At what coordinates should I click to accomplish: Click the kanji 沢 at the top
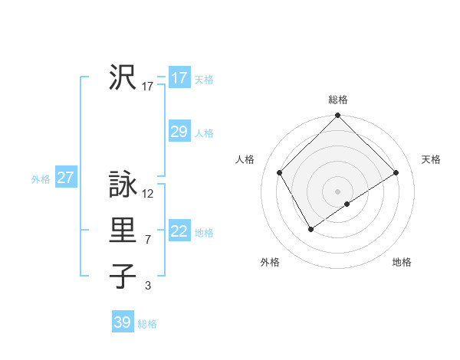123,77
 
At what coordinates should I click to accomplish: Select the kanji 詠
123,185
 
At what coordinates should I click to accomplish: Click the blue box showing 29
179,132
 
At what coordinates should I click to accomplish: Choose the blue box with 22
179,231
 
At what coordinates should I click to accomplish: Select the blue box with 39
123,322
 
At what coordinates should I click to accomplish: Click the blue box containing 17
179,77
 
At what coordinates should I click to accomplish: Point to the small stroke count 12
149,194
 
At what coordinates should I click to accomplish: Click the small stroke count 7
148,240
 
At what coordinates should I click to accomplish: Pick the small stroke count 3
148,286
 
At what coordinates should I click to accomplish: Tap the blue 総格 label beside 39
147,324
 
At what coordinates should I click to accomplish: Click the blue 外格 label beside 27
41,179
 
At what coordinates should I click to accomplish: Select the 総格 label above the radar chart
338,100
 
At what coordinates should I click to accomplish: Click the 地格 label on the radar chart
402,262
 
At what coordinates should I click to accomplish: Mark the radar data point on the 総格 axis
338,116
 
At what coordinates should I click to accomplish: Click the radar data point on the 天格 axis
396,173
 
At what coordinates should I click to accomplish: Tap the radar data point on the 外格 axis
310,228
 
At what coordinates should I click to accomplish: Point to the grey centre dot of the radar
338,191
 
